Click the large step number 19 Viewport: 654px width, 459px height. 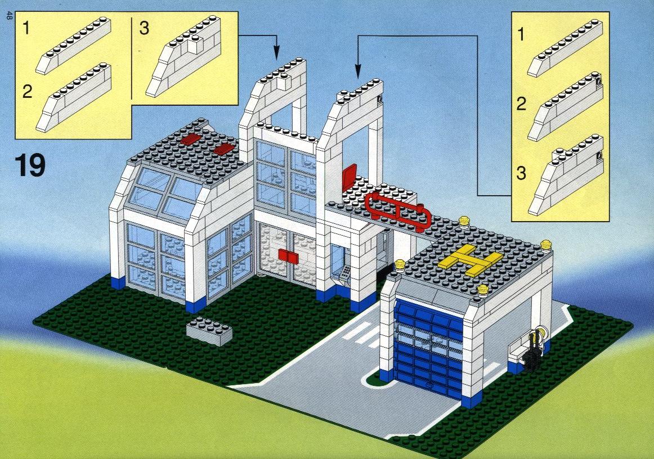[x=30, y=165]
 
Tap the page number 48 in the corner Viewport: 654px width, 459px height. [x=9, y=17]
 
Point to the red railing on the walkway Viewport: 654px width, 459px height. [x=398, y=210]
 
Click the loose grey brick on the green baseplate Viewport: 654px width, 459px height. [x=209, y=331]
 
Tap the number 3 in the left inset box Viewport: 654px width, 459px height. [x=144, y=28]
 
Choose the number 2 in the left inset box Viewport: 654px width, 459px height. [x=27, y=91]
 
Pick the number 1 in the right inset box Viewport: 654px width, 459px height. [x=521, y=34]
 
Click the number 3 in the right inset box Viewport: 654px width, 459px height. [x=521, y=173]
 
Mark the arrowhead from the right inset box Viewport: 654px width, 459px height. [x=357, y=71]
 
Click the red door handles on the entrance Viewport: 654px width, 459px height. [x=287, y=255]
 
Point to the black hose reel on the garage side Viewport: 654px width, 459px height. [x=531, y=351]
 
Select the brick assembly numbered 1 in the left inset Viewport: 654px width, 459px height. [x=73, y=46]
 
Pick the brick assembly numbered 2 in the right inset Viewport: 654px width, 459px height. [x=565, y=106]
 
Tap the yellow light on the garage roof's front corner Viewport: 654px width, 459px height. [x=482, y=290]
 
